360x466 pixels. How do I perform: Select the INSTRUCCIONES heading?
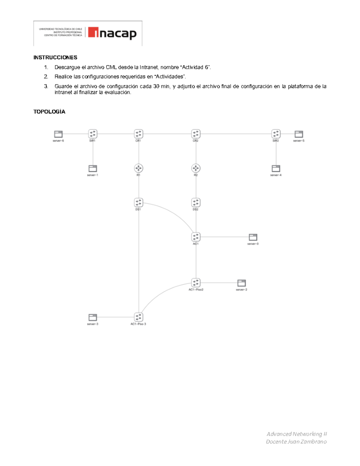click(55, 57)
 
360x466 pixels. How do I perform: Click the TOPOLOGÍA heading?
click(49, 112)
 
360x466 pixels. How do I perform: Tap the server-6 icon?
click(58, 134)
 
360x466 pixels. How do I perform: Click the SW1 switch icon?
click(93, 134)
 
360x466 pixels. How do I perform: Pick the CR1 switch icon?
click(138, 134)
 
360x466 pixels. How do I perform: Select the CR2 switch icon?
click(196, 134)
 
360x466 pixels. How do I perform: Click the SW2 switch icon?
click(276, 134)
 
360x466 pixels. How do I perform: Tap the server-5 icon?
click(299, 134)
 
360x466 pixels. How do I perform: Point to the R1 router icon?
click(138, 168)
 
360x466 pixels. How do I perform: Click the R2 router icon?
click(196, 168)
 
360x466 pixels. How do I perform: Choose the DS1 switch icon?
click(138, 203)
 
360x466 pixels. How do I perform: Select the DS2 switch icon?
click(196, 203)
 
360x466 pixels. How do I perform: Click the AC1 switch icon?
click(196, 237)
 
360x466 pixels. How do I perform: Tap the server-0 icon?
click(253, 237)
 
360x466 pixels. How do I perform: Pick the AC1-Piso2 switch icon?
click(196, 283)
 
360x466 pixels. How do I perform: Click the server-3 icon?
click(93, 317)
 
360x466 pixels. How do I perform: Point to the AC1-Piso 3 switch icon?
click(138, 317)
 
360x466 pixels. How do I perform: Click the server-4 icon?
click(276, 168)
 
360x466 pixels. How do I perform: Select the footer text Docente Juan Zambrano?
click(296, 441)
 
